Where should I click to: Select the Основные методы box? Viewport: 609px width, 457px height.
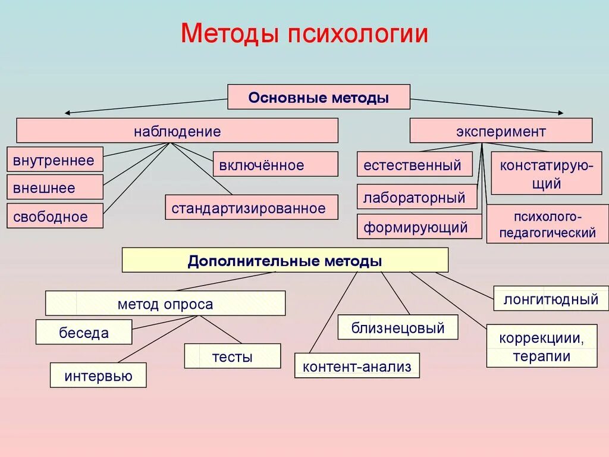319,97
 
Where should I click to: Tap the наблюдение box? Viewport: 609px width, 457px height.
177,130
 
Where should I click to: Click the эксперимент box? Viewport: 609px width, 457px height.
501,130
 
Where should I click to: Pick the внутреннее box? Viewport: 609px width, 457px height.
55,159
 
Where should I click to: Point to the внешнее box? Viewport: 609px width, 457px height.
55,187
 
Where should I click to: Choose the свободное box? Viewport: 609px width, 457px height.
55,216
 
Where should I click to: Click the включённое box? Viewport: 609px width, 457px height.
275,164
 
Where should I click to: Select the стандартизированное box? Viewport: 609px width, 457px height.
252,207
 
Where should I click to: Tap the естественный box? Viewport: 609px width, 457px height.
415,164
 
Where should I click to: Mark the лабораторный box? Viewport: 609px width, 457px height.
417,197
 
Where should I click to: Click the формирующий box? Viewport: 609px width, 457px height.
419,227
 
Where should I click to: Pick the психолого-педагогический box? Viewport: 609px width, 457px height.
547,224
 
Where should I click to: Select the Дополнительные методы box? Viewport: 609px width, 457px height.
285,260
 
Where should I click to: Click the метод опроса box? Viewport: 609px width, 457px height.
165,303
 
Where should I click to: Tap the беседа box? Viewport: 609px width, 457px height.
84,332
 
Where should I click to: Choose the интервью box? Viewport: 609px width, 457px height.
98,375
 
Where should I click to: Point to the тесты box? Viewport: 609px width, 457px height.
232,356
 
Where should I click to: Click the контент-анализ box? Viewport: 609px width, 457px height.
357,366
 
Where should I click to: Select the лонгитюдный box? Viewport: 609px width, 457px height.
551,298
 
